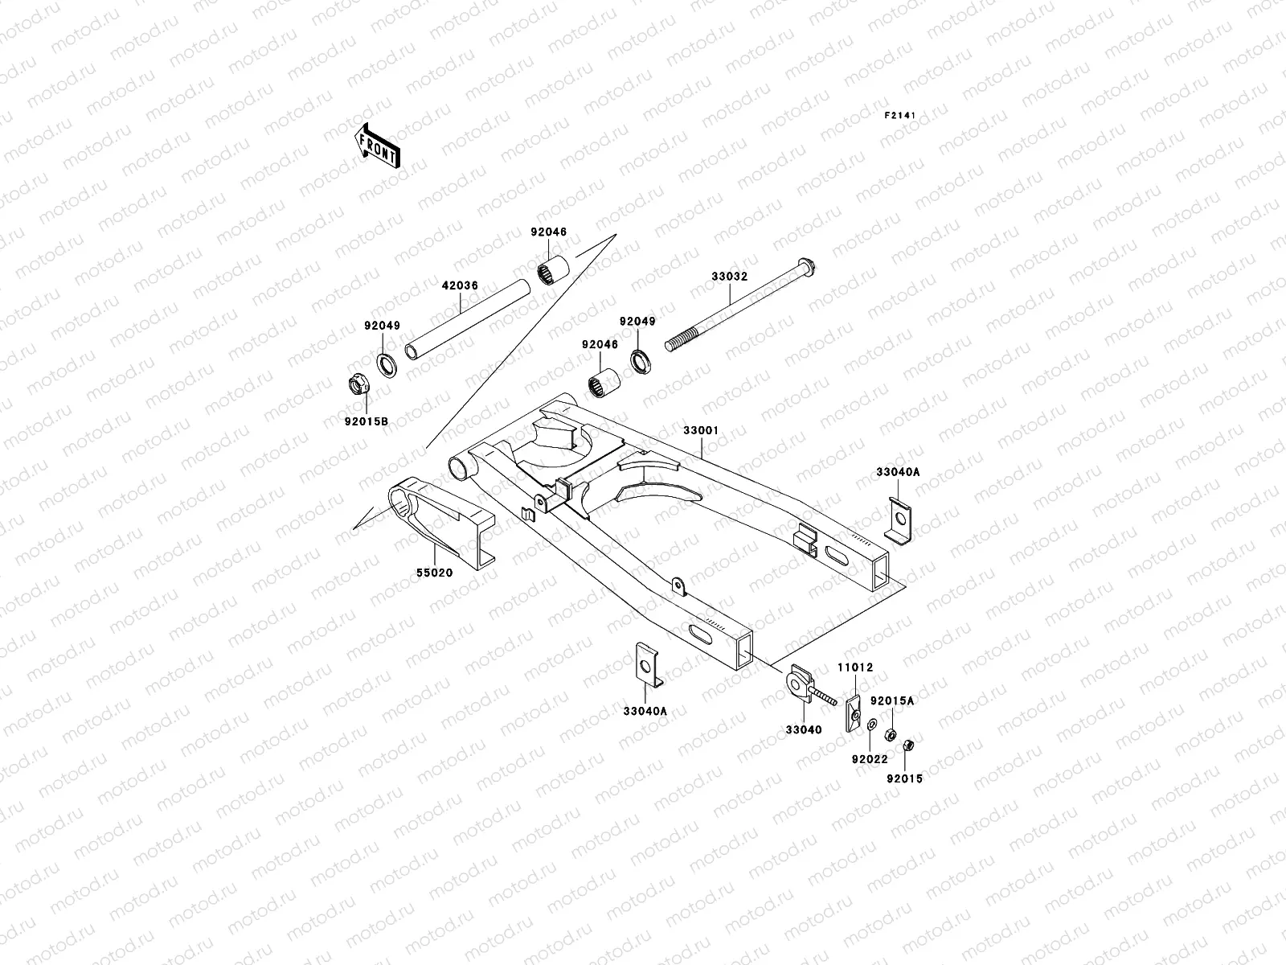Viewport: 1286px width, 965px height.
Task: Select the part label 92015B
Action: tap(367, 421)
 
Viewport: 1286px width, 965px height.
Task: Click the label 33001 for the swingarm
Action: tap(700, 430)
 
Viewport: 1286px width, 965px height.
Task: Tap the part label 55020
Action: tap(434, 573)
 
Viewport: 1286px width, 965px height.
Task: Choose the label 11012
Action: tap(855, 667)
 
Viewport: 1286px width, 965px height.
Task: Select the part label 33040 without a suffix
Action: tap(803, 730)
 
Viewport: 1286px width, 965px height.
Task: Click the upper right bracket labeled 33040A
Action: tap(899, 523)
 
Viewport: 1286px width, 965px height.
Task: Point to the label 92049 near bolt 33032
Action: tap(637, 322)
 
